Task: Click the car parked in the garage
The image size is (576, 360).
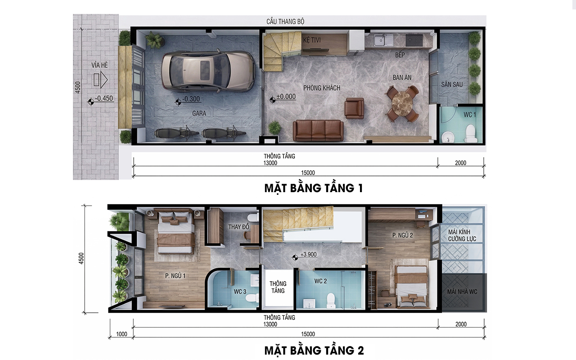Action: pyautogui.click(x=208, y=71)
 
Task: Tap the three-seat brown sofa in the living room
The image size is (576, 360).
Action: pyautogui.click(x=318, y=130)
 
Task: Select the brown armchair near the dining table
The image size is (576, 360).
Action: pyautogui.click(x=354, y=108)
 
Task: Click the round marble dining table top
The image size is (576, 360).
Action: pyautogui.click(x=402, y=103)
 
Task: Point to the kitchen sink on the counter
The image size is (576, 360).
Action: pyautogui.click(x=383, y=40)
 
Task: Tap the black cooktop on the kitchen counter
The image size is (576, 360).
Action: pyautogui.click(x=414, y=40)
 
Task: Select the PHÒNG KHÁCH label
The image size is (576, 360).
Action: pyautogui.click(x=322, y=88)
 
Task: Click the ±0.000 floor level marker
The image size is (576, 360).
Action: pyautogui.click(x=286, y=96)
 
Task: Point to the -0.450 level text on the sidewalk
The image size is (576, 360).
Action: pyautogui.click(x=104, y=99)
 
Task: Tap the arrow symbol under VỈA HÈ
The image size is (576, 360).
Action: pyautogui.click(x=100, y=80)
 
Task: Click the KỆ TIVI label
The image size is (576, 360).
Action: pyautogui.click(x=312, y=40)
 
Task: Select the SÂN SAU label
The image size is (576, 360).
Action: pyautogui.click(x=452, y=84)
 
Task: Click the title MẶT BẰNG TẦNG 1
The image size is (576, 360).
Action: pyautogui.click(x=314, y=188)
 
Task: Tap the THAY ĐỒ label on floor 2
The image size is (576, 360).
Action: pyautogui.click(x=238, y=227)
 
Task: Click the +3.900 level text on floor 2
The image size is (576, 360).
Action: pyautogui.click(x=309, y=254)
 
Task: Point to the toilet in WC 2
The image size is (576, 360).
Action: pyautogui.click(x=331, y=301)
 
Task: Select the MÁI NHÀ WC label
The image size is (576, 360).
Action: pyautogui.click(x=462, y=292)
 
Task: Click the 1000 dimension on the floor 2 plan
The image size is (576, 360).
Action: pyautogui.click(x=121, y=334)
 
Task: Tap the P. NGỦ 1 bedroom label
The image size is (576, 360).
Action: pyautogui.click(x=175, y=276)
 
